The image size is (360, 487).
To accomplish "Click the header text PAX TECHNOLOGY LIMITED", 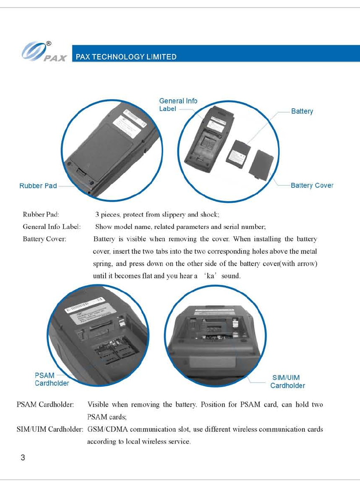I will click(126, 57).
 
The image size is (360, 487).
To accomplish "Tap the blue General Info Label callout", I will click(178, 104).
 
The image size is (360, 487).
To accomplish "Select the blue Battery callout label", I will click(302, 111).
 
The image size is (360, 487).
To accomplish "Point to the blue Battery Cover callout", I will click(312, 185).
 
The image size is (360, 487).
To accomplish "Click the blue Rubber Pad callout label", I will click(38, 186).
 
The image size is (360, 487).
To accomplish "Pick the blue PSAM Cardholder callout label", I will click(51, 379).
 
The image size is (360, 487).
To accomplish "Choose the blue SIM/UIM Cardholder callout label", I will click(287, 382).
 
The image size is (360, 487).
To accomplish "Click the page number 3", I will click(23, 458).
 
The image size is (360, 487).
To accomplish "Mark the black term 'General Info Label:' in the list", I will click(52, 227).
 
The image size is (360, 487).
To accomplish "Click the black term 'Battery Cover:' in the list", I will click(44, 239).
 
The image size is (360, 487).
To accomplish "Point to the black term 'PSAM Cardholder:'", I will click(45, 405).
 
